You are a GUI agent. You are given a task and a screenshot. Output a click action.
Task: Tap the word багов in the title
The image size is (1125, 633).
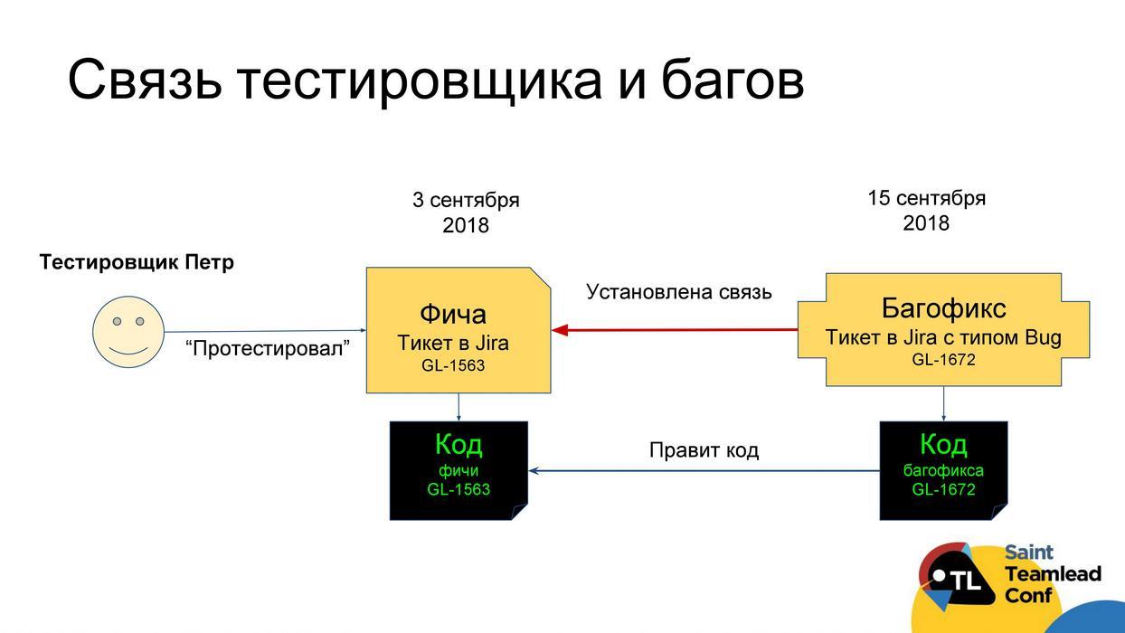[x=733, y=79]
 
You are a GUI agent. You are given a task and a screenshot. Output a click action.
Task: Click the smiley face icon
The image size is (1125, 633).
[x=128, y=332]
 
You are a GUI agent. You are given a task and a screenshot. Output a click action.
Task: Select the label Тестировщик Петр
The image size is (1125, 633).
[x=137, y=262]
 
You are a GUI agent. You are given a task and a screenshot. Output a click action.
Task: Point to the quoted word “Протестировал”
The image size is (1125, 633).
[x=268, y=348]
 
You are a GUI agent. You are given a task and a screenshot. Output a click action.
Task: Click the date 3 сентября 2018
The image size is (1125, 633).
[x=466, y=213]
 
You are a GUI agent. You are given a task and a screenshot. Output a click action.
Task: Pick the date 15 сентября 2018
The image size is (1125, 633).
[x=926, y=210]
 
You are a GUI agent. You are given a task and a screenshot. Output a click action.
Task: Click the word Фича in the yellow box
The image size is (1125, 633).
[x=453, y=314]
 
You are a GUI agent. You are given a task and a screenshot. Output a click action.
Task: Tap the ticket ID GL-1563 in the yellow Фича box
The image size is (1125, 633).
[x=453, y=365]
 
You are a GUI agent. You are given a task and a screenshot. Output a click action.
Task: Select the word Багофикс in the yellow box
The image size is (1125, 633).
[x=943, y=308]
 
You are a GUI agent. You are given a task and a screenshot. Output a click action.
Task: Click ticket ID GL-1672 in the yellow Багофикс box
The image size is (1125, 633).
[x=943, y=359]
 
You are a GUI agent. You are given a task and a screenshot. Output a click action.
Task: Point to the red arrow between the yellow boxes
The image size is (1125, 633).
[x=674, y=330]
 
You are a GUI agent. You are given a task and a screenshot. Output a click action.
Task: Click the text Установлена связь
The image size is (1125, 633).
[x=679, y=291]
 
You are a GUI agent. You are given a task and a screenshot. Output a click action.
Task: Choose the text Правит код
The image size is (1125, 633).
[x=704, y=449]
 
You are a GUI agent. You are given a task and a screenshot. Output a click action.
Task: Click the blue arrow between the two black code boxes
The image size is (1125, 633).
[x=704, y=470]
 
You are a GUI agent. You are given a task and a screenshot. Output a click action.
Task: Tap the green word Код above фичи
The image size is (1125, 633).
[x=459, y=444]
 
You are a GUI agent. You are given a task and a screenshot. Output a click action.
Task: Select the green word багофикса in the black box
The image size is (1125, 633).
[x=943, y=470]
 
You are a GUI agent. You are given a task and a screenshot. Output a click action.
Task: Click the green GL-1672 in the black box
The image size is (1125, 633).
[x=943, y=489]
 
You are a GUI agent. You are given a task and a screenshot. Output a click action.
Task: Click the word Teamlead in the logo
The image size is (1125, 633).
[x=1053, y=574]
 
